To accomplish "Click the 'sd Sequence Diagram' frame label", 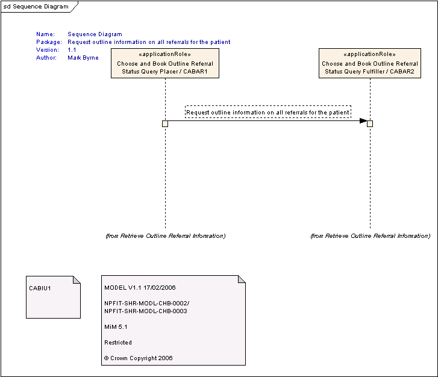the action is click(36, 7).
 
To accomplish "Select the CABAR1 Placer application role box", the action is click(165, 63).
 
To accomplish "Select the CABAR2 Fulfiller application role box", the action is click(370, 63).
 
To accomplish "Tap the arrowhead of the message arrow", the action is click(363, 121).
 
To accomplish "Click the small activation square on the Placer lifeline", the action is click(165, 123).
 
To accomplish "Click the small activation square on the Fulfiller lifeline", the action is click(370, 123).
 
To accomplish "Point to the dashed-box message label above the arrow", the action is click(268, 112).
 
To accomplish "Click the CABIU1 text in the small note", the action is click(40, 288).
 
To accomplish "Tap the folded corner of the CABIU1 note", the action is click(77, 280).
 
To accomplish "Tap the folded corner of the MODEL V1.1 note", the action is click(242, 279).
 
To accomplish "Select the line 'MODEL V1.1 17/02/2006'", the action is click(140, 288).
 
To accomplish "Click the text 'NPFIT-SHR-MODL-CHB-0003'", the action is click(146, 311).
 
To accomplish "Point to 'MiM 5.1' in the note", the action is click(116, 327).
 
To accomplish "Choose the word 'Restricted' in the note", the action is click(118, 343).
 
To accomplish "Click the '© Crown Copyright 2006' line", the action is click(139, 358).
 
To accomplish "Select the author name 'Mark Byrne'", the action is click(83, 58).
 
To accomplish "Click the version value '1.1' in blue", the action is click(72, 50).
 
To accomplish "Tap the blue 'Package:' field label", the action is click(49, 42).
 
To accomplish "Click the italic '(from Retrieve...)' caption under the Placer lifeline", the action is click(165, 236).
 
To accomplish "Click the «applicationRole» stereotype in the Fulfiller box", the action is click(369, 54).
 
